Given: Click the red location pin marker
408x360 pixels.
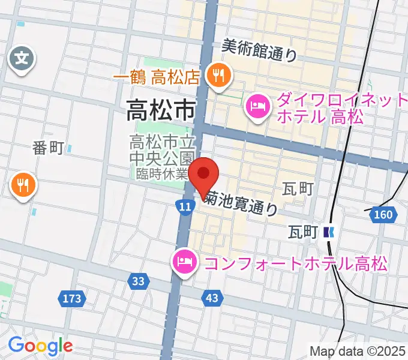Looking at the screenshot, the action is tap(204, 175).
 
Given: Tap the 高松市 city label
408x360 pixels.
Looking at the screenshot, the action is tap(161, 110).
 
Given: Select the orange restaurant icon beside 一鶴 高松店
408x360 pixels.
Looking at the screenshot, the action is tap(216, 76).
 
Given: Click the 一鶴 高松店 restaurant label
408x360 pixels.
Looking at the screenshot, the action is tap(155, 77).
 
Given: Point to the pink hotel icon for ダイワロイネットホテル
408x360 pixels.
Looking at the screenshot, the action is tap(258, 107).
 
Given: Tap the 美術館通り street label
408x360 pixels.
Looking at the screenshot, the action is tap(259, 51).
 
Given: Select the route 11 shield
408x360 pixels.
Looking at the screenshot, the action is tap(185, 207).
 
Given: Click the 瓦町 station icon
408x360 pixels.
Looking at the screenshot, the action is tap(328, 231).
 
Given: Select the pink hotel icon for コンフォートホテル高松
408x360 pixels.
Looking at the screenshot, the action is tap(182, 262).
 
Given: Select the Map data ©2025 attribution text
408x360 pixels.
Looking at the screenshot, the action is tap(358, 351).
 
